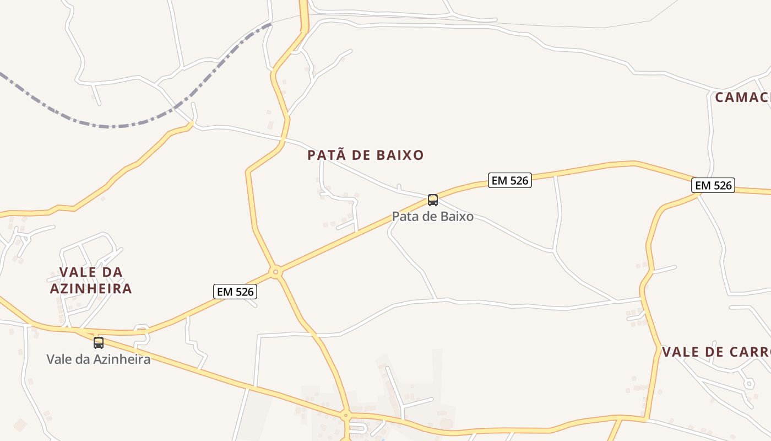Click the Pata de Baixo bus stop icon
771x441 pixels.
click(x=433, y=200)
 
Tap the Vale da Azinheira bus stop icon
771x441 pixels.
click(x=99, y=343)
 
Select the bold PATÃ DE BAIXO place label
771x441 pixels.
click(x=366, y=155)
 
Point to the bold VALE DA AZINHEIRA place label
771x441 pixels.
click(x=91, y=281)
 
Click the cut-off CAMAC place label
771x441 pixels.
click(x=742, y=98)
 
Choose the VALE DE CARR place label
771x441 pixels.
click(x=715, y=352)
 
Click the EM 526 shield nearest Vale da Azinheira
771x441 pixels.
click(x=235, y=292)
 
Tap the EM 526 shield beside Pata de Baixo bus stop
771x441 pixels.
click(x=509, y=180)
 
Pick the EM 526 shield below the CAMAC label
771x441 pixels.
click(x=713, y=186)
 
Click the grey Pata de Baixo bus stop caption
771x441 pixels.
click(x=433, y=217)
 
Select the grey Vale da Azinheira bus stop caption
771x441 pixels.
click(x=99, y=359)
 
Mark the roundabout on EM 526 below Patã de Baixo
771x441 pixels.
click(x=276, y=272)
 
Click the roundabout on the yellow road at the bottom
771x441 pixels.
click(x=346, y=415)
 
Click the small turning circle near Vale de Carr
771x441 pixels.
click(x=748, y=383)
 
